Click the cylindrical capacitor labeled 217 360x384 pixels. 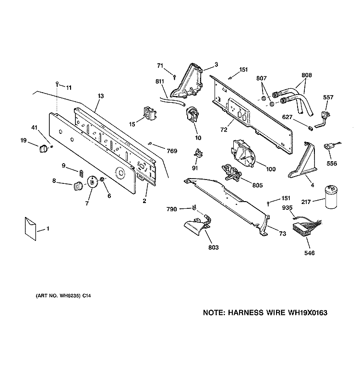point(331,197)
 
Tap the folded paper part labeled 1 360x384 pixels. point(30,228)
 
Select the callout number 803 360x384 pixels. point(213,247)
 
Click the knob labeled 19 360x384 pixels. point(43,148)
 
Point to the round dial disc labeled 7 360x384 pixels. point(92,182)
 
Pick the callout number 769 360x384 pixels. point(172,151)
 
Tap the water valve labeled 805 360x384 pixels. point(231,173)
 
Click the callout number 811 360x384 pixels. point(160,81)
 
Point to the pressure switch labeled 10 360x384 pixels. point(192,114)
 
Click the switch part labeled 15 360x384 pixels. point(150,113)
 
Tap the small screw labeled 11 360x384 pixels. point(57,84)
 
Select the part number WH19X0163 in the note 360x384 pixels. point(307,313)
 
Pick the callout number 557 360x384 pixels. point(328,97)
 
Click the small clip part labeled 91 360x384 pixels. point(198,154)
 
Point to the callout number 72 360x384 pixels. point(224,130)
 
